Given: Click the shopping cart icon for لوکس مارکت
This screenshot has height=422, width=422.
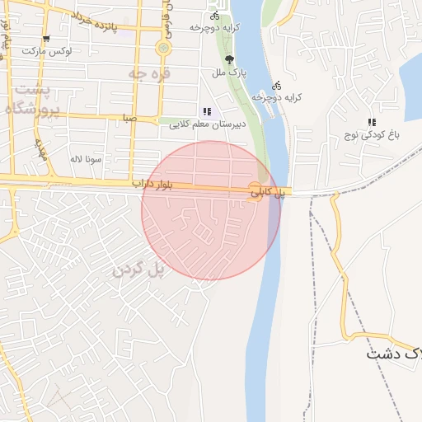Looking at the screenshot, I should coord(46,38).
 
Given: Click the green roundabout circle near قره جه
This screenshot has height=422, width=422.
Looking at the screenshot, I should coord(164,49).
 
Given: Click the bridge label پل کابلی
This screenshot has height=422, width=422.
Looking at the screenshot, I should coord(268,192).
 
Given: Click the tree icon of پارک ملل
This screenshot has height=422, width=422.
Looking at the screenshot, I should coord(229,59).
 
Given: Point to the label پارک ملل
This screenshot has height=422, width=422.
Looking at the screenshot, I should coord(230,73).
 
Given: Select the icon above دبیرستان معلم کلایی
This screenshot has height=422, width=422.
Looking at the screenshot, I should coord(206,111).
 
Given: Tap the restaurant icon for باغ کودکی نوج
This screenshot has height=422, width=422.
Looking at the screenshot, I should coord(372,122).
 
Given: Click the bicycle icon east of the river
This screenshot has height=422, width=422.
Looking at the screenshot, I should coord(277,84).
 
